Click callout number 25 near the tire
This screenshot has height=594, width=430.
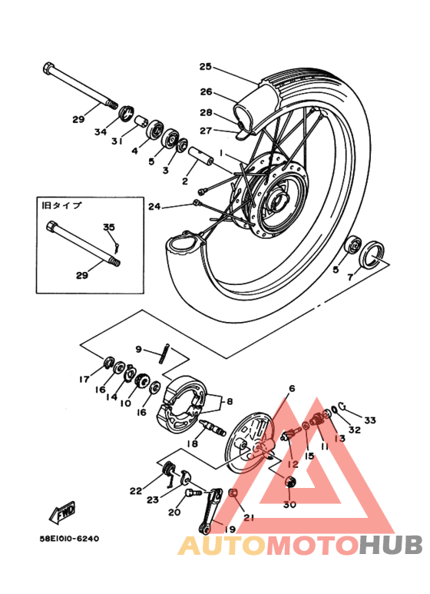(x=205, y=66)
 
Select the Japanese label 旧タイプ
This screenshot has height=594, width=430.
(x=61, y=205)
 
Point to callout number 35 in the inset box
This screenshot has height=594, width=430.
(x=108, y=227)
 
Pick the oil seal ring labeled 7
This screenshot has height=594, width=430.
(x=374, y=252)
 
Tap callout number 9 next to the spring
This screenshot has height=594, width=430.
(x=139, y=349)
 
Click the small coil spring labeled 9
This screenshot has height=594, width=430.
(x=164, y=354)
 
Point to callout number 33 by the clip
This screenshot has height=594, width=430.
(x=370, y=420)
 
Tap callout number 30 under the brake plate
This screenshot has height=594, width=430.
(x=289, y=505)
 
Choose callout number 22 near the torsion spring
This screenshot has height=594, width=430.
(x=136, y=491)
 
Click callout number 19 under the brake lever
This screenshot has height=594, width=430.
(x=230, y=529)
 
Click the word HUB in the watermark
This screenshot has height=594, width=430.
(x=389, y=545)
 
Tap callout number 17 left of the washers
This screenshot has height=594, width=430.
(x=84, y=379)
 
